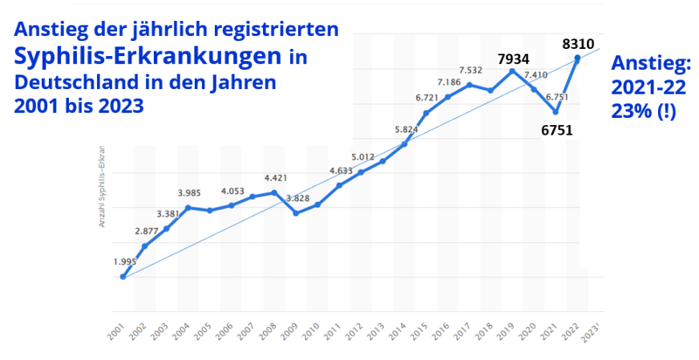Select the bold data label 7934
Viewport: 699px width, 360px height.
[514, 59]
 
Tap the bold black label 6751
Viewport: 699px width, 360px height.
[556, 131]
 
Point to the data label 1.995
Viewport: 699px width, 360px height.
[124, 261]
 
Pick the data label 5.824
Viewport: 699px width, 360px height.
[406, 129]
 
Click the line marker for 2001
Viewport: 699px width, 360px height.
[123, 277]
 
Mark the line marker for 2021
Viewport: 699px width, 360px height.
[556, 112]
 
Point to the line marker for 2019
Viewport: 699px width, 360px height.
[513, 71]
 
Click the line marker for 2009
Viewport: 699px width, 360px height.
[296, 213]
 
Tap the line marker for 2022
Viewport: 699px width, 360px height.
[578, 59]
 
